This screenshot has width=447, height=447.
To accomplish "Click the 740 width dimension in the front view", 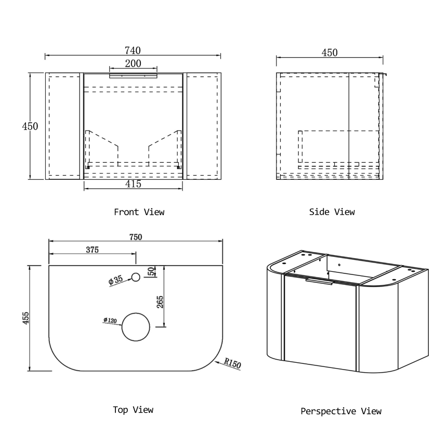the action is pos(133,51).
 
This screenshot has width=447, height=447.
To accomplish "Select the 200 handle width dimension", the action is pos(133,63).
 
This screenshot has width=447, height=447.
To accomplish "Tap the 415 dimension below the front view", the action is pos(133,184).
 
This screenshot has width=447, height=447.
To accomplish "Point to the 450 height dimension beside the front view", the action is pos(30,126).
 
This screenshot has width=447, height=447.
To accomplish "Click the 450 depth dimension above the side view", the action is pos(330,52).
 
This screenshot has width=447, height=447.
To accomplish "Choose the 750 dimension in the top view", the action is pos(136,237).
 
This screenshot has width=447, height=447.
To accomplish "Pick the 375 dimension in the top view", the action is pos(93,250).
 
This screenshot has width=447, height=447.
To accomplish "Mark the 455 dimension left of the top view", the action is pos(25,318).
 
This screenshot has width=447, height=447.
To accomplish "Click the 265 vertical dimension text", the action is pos(160,302).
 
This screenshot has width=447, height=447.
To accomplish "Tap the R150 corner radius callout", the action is pos(232,363).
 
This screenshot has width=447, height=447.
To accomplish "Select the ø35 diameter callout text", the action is pos(115,280).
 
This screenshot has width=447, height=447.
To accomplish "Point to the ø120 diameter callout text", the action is pos(110,320).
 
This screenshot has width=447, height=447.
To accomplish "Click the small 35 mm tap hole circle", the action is pos(136,277).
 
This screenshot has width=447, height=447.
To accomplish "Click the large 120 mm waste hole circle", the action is pos(136,327).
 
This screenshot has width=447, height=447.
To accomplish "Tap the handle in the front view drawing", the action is pos(133,75).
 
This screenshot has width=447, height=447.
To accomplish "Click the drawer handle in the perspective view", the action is pos(319,282).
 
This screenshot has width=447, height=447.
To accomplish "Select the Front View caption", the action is pos(139,212).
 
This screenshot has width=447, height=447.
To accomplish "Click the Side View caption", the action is pos(332,212).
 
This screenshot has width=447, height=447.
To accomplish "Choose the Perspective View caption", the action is pos(341,411).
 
